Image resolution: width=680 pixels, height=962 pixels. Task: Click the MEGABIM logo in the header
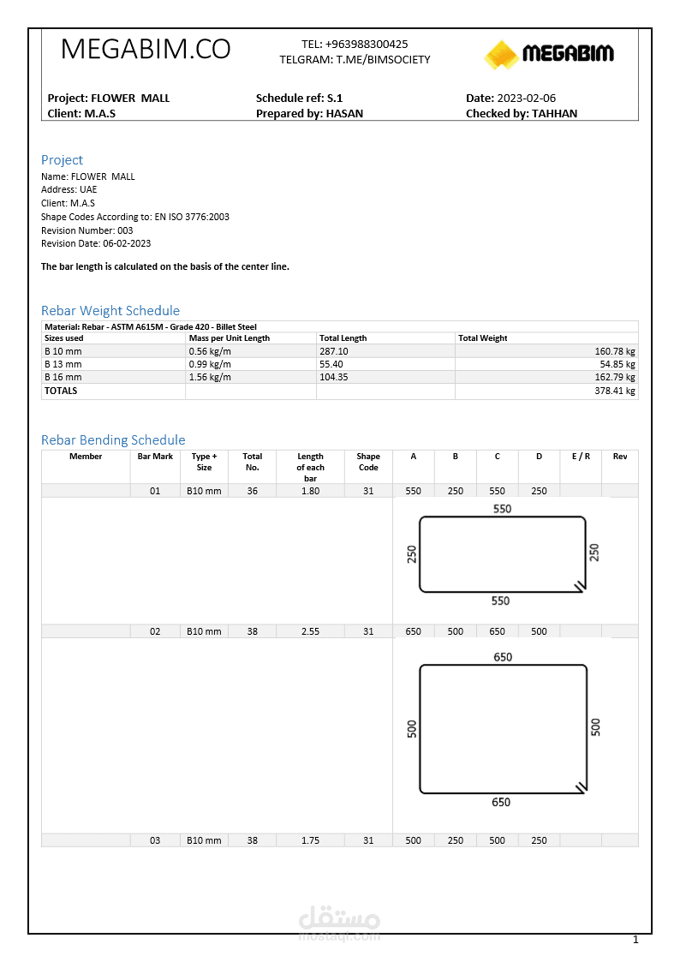coord(549,54)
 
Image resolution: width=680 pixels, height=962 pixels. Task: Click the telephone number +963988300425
coord(367,44)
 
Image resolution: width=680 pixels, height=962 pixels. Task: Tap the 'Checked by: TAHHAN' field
coord(522,113)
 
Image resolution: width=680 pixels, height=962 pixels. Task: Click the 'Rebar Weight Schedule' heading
coord(110,310)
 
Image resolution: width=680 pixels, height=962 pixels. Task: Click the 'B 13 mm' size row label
coord(63,364)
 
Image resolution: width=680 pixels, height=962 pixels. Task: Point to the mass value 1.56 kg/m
coord(210,377)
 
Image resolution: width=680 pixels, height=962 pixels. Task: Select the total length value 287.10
coord(334,351)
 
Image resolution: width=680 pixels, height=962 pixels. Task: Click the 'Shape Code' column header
coord(368,462)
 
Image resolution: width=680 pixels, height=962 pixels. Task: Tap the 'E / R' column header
coord(581,457)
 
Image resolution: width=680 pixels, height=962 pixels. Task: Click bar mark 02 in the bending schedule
coord(155,631)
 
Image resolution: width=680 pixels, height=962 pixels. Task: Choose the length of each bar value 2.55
coord(310,631)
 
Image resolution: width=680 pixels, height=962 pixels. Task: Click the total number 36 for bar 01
coord(252,491)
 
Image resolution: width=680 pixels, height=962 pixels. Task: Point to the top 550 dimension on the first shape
coord(502,509)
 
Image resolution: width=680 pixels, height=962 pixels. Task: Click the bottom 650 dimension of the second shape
coord(502,803)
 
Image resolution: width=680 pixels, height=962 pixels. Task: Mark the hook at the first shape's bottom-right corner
coord(581,586)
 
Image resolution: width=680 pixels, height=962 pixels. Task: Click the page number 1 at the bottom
coord(635,940)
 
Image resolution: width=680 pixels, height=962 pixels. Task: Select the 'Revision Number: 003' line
coord(87,230)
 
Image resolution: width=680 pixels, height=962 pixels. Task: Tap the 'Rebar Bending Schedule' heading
coord(113,439)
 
